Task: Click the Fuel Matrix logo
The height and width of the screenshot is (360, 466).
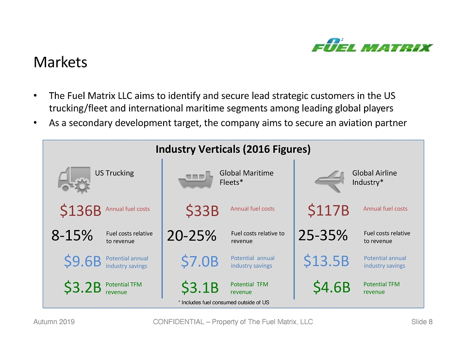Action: pos(372,45)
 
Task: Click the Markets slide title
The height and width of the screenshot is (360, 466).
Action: pos(60,62)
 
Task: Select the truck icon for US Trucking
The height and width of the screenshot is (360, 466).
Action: pos(74,180)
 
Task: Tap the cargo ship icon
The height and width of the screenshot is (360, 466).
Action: pos(195,180)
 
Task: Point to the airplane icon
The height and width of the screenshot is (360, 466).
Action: pos(330,181)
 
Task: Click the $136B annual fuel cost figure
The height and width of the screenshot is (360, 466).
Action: pos(81,210)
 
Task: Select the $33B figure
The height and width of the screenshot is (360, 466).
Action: pos(202,210)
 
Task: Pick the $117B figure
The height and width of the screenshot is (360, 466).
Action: pos(329,210)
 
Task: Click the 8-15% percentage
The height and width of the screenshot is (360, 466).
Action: pos(72,235)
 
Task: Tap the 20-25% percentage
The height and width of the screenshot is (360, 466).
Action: pos(191,235)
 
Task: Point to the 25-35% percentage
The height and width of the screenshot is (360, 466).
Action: pos(323,235)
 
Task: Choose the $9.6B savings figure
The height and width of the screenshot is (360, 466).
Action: pos(83,261)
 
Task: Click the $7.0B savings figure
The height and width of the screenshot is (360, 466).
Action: pos(200,261)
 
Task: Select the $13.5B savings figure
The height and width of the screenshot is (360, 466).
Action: pos(326,261)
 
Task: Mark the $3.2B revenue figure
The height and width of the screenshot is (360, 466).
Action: pos(83,287)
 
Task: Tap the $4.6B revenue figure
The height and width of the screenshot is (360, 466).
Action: pos(332,287)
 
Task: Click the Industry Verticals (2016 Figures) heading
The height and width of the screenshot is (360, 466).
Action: pos(233,149)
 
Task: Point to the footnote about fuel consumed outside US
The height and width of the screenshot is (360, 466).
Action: pos(224,302)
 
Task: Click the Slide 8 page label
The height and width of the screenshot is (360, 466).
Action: pos(422,322)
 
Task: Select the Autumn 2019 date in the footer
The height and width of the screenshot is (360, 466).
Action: pos(54,322)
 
